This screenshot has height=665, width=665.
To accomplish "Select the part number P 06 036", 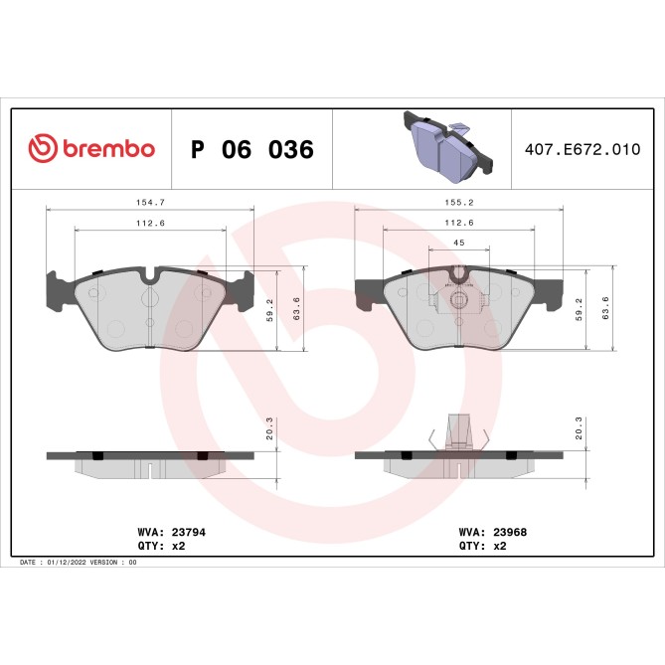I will coord(251,150).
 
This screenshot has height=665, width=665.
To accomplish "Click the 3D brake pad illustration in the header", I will coord(446,147).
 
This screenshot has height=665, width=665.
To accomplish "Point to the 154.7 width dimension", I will coord(150,201).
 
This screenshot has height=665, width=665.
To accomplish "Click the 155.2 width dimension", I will coord(458,201).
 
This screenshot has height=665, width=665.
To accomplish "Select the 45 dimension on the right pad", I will coord(458,243).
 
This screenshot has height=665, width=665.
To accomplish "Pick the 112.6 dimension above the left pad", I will coord(150,223).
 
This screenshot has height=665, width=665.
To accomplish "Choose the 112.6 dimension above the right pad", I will coord(458,223).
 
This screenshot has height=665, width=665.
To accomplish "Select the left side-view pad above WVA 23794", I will coord(149,461).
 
